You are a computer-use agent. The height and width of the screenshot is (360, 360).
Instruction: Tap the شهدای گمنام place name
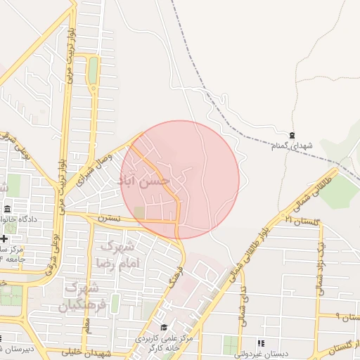tap(292, 145)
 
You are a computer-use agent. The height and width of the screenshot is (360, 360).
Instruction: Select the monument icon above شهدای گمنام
tap(292, 134)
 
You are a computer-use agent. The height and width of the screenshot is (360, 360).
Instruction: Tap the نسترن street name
tap(109, 219)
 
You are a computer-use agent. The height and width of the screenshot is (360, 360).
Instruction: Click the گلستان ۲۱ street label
tap(302, 221)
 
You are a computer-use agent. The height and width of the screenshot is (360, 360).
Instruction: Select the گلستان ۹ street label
tap(346, 316)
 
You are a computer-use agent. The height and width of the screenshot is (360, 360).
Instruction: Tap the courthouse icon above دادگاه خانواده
tap(7, 210)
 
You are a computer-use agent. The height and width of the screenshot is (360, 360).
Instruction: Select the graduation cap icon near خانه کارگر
tap(164, 327)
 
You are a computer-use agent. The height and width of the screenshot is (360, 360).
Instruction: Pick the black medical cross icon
tap(4, 239)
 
